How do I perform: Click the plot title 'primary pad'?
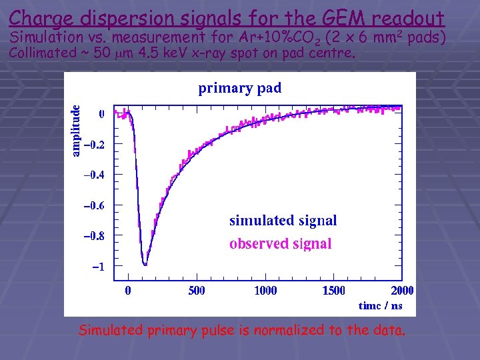pyautogui.click(x=239, y=88)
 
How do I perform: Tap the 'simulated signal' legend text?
pyautogui.click(x=283, y=220)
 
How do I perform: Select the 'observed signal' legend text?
pyautogui.click(x=280, y=243)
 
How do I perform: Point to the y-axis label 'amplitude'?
pyautogui.click(x=76, y=131)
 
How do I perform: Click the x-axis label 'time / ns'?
pyautogui.click(x=380, y=305)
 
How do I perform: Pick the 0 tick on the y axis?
pyautogui.click(x=101, y=114)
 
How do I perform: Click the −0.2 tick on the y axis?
pyautogui.click(x=93, y=145)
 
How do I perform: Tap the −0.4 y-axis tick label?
pyautogui.click(x=93, y=175)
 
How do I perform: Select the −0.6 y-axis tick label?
pyautogui.click(x=93, y=205)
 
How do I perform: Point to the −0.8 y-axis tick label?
pyautogui.click(x=93, y=235)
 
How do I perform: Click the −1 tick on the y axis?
pyautogui.click(x=97, y=266)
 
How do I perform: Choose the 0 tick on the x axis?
pyautogui.click(x=129, y=290)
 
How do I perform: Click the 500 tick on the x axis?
pyautogui.click(x=197, y=290)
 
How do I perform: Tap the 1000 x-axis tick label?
pyautogui.click(x=265, y=290)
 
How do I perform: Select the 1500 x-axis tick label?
pyautogui.click(x=334, y=290)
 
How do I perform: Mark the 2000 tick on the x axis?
pyautogui.click(x=402, y=290)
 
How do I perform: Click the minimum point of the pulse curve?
pyautogui.click(x=145, y=265)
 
